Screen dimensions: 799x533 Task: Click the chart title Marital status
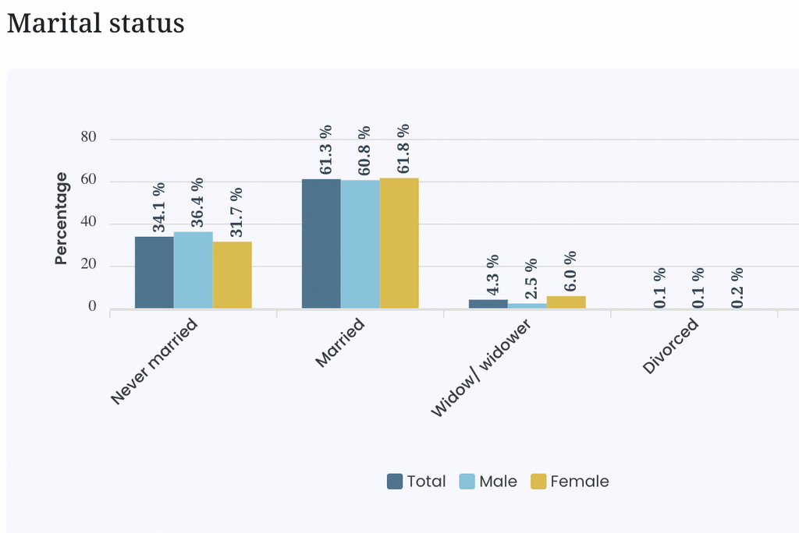(x=96, y=23)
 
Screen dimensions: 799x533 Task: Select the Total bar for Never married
(x=154, y=273)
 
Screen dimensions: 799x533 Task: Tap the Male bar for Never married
(x=194, y=270)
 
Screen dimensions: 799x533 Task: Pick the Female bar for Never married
(x=233, y=275)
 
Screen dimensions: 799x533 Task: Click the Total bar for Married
(x=321, y=243)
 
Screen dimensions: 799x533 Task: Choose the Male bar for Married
(x=360, y=244)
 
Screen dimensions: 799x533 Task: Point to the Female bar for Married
(x=399, y=243)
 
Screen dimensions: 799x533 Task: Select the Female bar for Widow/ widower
(x=566, y=302)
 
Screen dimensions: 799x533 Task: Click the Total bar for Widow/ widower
(x=488, y=304)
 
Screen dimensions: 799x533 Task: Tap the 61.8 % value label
(x=403, y=149)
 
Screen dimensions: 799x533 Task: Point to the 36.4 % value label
(x=197, y=202)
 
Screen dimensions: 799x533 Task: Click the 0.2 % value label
(x=737, y=288)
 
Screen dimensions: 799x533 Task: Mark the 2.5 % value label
(x=531, y=278)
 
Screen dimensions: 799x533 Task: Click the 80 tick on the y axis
(x=88, y=137)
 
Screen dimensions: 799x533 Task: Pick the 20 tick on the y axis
(x=88, y=264)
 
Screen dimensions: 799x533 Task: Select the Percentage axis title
(x=61, y=218)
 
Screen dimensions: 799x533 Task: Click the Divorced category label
(x=670, y=346)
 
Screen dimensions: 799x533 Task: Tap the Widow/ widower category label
(x=481, y=368)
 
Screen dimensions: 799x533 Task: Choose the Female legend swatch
(x=538, y=482)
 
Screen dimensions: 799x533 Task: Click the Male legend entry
(x=488, y=482)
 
